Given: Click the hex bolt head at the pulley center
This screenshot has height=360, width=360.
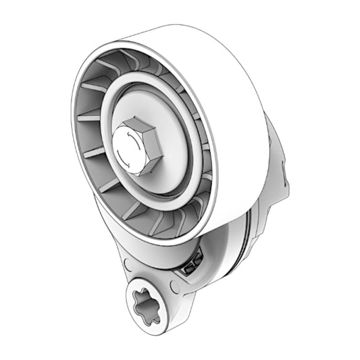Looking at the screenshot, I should (135, 146).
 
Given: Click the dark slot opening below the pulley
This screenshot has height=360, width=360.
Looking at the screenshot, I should (191, 263).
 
